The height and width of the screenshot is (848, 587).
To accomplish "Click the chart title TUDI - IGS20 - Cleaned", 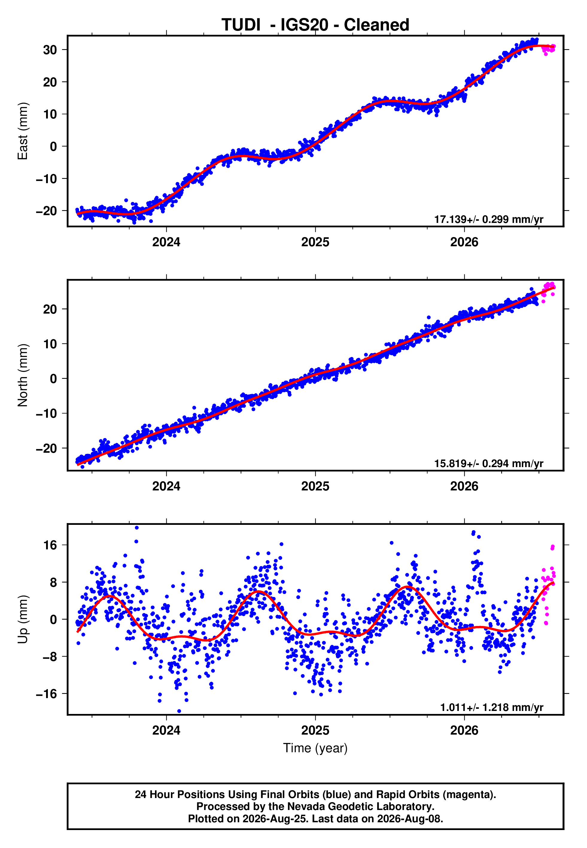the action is pyautogui.click(x=315, y=25).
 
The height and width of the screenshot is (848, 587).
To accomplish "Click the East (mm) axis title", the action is pyautogui.click(x=23, y=131).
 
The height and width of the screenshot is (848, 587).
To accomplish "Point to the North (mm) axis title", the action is pyautogui.click(x=23, y=375).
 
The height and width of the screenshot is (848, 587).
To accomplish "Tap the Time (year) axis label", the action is pyautogui.click(x=315, y=748).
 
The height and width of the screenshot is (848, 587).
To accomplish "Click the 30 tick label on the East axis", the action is pyautogui.click(x=50, y=50).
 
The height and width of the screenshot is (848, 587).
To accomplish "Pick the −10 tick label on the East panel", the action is pyautogui.click(x=46, y=179).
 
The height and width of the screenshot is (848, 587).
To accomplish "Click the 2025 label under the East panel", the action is pyautogui.click(x=315, y=242).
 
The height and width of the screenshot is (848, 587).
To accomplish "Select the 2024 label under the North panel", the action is pyautogui.click(x=166, y=486).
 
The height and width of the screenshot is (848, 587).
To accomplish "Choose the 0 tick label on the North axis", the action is pyautogui.click(x=54, y=379).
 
